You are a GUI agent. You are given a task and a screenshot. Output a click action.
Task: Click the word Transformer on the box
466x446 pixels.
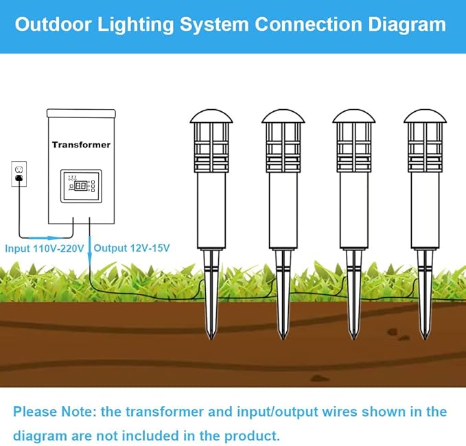point(81,145)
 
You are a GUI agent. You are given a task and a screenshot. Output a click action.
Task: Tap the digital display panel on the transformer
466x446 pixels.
point(82,186)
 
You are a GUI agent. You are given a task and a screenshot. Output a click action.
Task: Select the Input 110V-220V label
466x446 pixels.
point(44,248)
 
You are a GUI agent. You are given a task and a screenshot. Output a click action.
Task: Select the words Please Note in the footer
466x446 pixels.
point(54,412)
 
